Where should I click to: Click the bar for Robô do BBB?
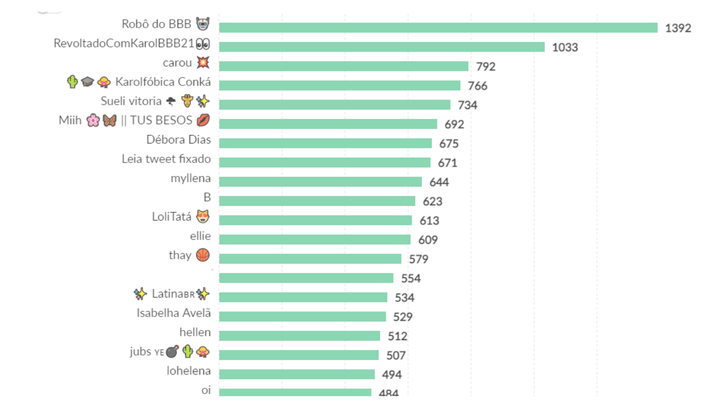(438, 28)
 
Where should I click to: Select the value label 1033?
(565, 47)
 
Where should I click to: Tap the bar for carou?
(343, 66)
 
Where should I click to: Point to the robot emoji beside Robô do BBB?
(203, 24)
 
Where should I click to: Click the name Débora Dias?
(179, 140)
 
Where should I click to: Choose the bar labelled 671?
(325, 163)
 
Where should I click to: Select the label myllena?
(190, 178)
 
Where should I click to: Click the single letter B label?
(207, 198)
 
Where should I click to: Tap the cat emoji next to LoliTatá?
(202, 217)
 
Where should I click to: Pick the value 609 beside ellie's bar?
(428, 240)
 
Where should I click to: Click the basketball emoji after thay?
(202, 256)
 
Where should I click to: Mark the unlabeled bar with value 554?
(306, 278)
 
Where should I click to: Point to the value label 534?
(404, 298)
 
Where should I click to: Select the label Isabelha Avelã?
(173, 313)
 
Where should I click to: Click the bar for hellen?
(299, 336)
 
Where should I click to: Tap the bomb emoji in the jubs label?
(172, 352)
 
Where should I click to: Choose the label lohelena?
(189, 371)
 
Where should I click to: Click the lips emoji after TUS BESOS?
(203, 121)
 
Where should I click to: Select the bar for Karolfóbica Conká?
(340, 86)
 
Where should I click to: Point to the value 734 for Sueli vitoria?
(468, 105)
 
